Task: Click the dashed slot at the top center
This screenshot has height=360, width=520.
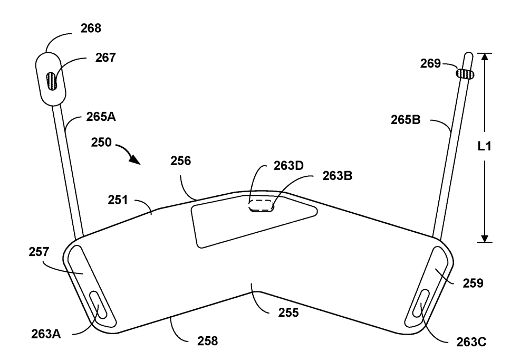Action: click(262, 205)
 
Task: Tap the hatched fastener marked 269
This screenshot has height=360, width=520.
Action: click(465, 74)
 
